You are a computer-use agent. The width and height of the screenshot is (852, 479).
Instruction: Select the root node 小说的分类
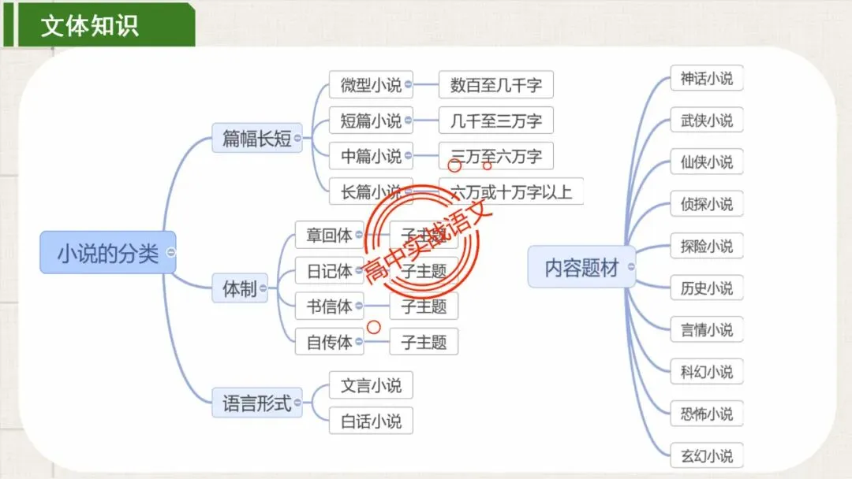[x=107, y=253]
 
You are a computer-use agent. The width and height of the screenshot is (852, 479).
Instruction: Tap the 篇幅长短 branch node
[x=256, y=139]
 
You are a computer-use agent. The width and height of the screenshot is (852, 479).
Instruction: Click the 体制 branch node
[x=239, y=288]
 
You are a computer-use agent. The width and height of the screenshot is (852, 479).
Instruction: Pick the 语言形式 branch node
[x=256, y=405]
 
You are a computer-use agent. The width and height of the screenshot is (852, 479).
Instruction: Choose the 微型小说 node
[x=371, y=84]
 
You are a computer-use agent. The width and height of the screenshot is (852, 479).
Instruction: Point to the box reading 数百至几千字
[x=495, y=84]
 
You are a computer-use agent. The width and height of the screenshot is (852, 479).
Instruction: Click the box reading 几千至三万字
[x=495, y=121]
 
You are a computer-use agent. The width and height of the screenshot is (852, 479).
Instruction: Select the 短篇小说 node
[x=371, y=121]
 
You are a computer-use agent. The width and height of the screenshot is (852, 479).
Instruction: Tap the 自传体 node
[x=329, y=342]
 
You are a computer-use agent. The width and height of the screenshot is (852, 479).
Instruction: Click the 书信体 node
[x=329, y=306]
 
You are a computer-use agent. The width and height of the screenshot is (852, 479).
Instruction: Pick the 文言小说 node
[x=371, y=385]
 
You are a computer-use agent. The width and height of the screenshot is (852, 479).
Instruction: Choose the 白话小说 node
[x=371, y=421]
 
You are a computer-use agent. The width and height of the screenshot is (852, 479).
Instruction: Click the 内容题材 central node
[x=581, y=268]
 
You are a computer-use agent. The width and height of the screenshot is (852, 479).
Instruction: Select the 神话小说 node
[x=706, y=78]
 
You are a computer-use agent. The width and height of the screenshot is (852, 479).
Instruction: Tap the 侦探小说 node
[x=706, y=204]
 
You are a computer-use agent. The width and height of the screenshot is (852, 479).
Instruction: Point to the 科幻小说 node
[x=706, y=371]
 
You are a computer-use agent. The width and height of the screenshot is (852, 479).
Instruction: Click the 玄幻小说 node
[x=706, y=455]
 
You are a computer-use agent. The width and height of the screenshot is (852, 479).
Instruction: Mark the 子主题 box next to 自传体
[x=424, y=342]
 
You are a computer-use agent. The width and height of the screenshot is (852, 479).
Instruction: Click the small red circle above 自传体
[x=374, y=326]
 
